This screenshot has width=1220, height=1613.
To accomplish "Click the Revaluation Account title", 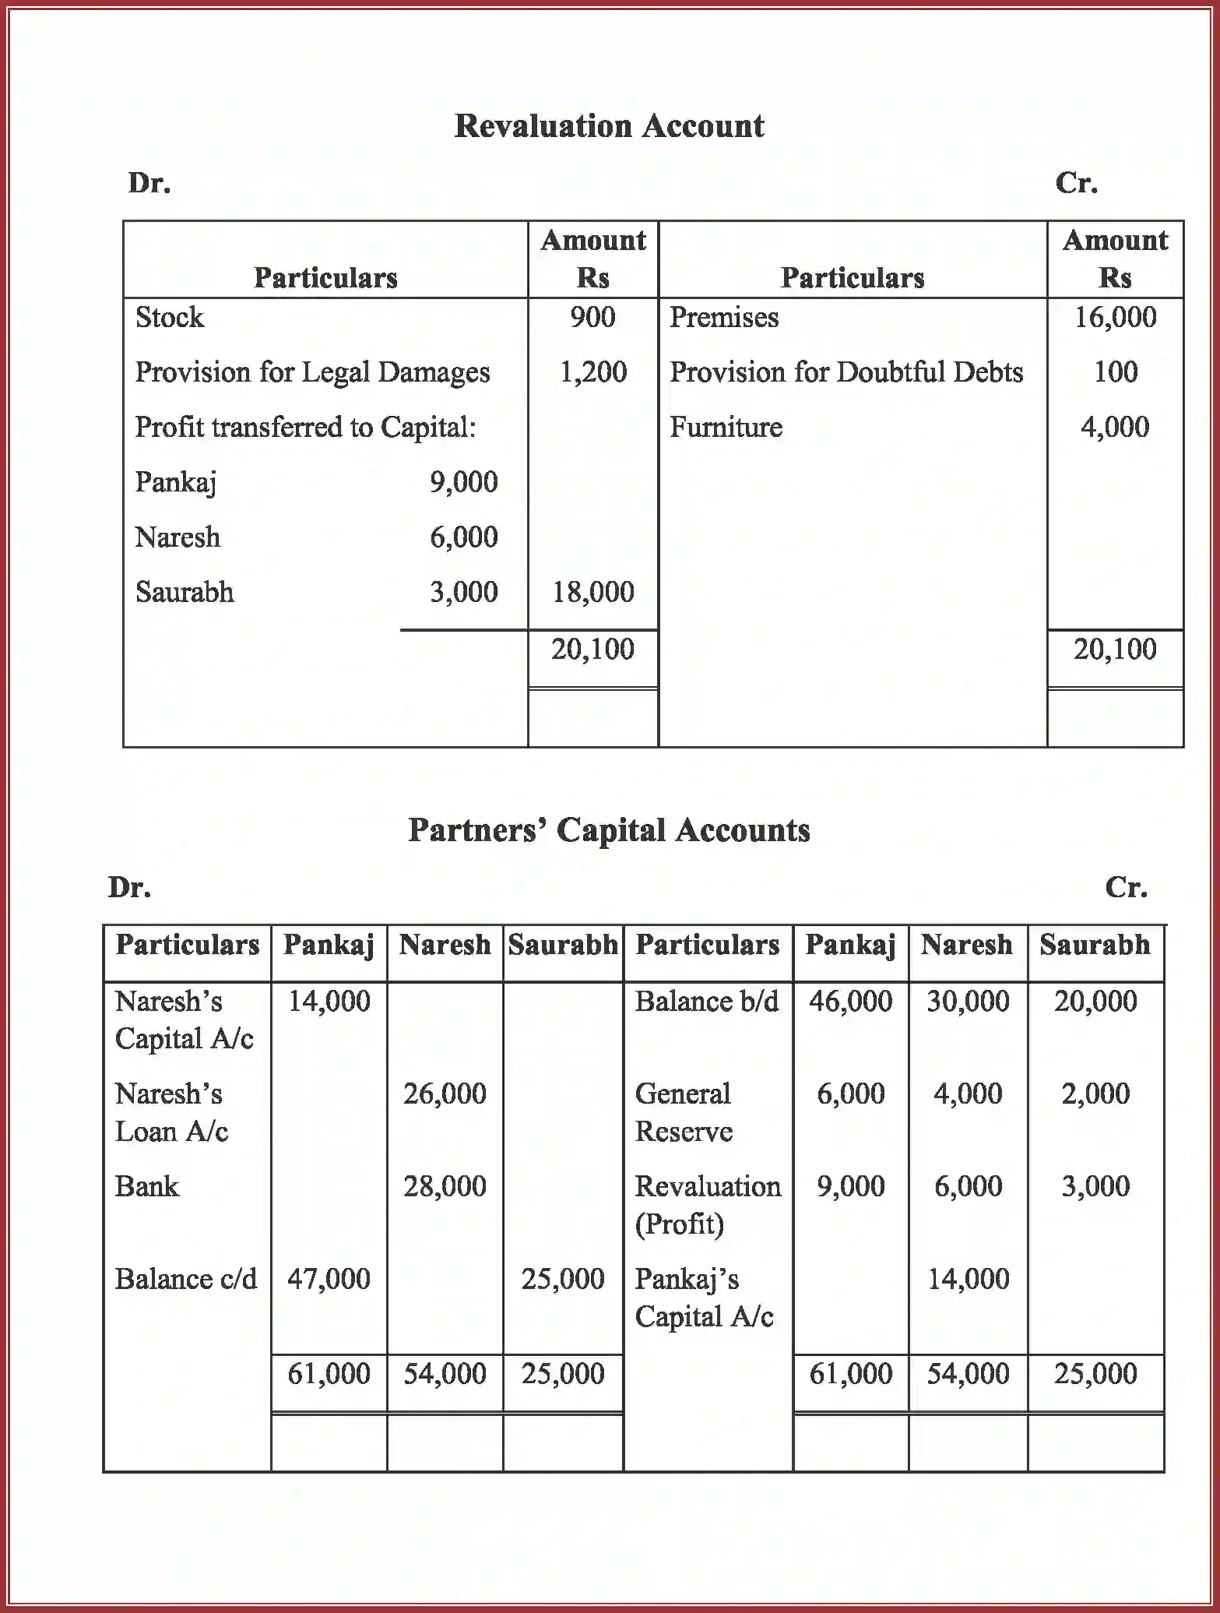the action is pos(609,126).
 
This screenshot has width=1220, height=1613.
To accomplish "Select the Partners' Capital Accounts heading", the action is pos(609,830).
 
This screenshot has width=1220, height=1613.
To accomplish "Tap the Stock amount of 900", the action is pos(592,318).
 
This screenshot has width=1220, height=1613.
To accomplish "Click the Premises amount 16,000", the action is pos(1115,318).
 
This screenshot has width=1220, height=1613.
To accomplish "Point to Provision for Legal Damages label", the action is pos(312,372).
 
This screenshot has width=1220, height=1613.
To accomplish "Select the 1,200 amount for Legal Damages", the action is pos(592,372).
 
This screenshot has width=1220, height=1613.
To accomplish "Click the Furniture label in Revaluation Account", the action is pos(726,428).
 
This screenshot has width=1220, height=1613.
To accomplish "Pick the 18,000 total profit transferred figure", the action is pos(592,592).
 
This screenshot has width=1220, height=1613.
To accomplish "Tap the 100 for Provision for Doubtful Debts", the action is pos(1115,372).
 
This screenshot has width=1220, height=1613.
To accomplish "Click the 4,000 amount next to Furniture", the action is pos(1115,428).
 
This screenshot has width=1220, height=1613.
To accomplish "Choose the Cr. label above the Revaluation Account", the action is pos(1076,183).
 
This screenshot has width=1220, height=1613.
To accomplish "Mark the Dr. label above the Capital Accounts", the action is pos(129,887).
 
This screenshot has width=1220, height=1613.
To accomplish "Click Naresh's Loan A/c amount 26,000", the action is pos(445,1094).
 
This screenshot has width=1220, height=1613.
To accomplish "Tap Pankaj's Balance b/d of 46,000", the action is pos(850,1002).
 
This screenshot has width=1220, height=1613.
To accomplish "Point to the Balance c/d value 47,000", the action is pos(329,1279).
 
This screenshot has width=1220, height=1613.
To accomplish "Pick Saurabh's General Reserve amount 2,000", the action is pos(1095,1094).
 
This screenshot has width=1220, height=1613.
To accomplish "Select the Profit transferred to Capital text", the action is pos(305,428).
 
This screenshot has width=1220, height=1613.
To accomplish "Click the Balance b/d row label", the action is pos(706,1002).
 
